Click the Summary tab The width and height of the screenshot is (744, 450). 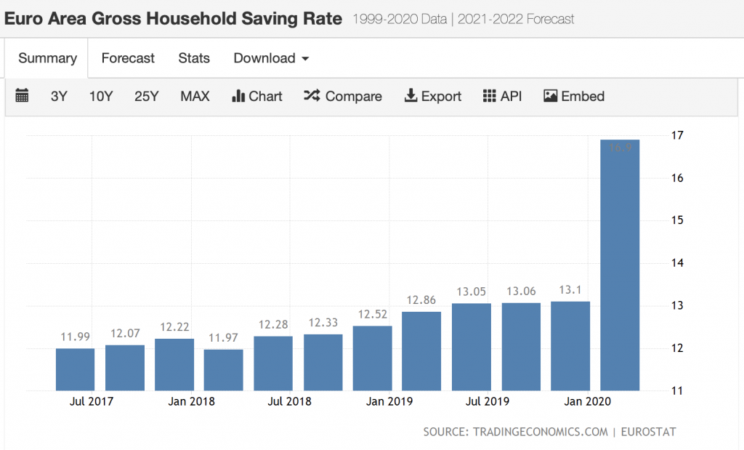(47, 58)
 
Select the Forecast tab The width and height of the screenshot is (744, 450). (128, 58)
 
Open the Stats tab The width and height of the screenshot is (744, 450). (194, 58)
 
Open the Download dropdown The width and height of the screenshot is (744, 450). (271, 58)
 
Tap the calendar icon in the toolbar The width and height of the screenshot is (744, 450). (22, 96)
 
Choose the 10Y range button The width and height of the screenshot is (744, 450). (101, 96)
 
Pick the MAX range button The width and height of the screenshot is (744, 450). (195, 96)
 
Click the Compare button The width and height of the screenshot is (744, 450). (343, 96)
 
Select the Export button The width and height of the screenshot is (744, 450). (433, 96)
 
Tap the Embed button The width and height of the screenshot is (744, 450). (574, 96)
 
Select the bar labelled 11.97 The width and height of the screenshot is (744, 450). (224, 370)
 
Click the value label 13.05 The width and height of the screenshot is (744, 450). (471, 292)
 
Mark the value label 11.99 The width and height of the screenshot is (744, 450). (75, 337)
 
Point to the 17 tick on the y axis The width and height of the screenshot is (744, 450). (678, 135)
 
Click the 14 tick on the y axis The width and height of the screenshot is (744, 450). (678, 263)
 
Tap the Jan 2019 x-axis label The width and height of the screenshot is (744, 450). (390, 401)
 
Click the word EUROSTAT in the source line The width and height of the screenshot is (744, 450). (649, 432)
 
